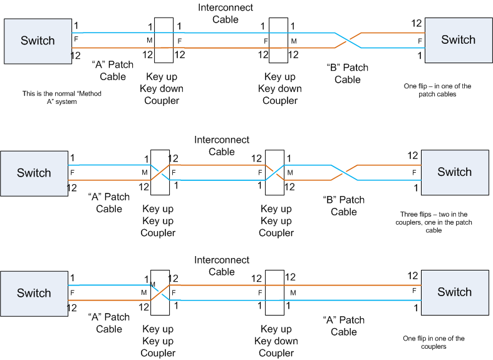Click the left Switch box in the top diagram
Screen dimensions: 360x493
click(38, 41)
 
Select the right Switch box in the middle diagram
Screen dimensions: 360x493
click(455, 172)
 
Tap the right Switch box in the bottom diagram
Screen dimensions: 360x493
click(455, 292)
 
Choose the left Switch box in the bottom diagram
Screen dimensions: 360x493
click(34, 293)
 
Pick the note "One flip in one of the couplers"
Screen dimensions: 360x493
click(433, 342)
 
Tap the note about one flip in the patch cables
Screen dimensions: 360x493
click(437, 90)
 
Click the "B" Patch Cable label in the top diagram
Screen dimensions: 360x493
click(348, 73)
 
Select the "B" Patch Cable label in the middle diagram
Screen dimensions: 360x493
click(344, 206)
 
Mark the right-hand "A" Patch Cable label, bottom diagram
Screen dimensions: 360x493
click(344, 326)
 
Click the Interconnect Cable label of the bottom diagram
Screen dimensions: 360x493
click(222, 265)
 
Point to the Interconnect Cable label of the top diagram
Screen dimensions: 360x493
click(226, 13)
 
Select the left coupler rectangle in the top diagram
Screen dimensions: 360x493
click(163, 41)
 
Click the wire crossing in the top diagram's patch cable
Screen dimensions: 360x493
click(348, 40)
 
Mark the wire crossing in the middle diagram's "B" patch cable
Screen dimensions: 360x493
click(344, 173)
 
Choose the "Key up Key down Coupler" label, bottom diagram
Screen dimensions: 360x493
click(276, 341)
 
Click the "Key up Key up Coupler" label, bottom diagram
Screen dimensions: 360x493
click(158, 341)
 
